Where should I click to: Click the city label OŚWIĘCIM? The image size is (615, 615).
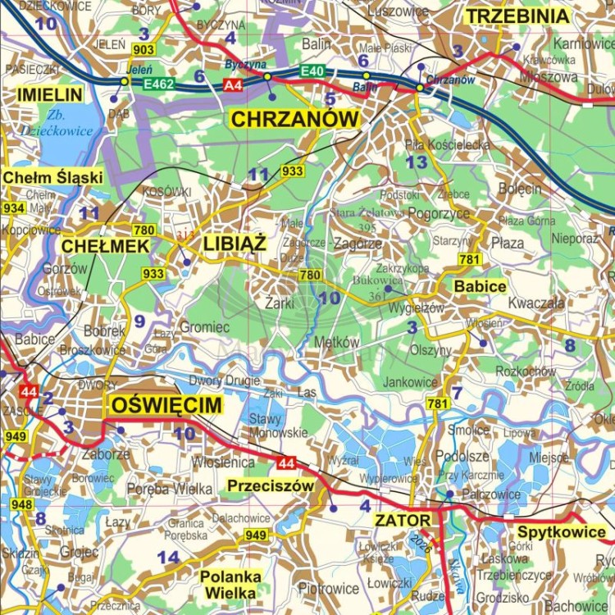coord(166,404)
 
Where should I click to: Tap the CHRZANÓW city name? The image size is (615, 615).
coord(295,120)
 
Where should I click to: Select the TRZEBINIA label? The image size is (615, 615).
coord(517,16)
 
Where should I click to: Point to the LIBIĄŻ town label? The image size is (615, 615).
coord(235,244)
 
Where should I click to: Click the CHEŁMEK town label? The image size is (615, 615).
coord(105,246)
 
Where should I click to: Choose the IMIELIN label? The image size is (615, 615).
coord(49,95)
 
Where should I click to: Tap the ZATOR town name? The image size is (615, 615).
coord(402,520)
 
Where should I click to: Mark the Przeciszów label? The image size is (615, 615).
coord(271,485)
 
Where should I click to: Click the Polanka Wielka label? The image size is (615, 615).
coord(230,585)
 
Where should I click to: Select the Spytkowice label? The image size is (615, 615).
coord(562,532)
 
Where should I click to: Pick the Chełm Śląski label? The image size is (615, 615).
coord(52,177)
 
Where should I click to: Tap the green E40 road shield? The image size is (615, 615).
coord(312,72)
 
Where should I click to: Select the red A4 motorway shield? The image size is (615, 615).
coord(233,84)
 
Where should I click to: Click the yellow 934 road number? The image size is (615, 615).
coord(13,208)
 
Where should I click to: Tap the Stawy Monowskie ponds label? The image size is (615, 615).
coord(280,426)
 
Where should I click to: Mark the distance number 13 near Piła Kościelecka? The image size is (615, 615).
coord(417,162)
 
